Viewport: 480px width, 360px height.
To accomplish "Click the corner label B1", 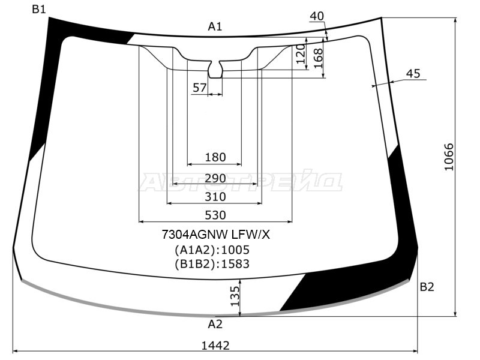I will point(39,9).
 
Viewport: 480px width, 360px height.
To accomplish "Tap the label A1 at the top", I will point(215,26).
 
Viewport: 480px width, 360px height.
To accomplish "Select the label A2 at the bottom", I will point(215,325).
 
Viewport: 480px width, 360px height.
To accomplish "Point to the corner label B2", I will point(427,287).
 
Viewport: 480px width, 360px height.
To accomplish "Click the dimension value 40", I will point(317,16).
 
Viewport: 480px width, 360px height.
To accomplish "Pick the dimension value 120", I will point(301,55).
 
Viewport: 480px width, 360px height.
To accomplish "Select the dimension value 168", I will point(318,58).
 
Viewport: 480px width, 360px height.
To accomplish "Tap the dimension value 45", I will point(413,74).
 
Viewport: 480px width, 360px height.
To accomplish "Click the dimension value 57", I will point(199,88).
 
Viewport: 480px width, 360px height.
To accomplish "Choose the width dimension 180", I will point(215,157).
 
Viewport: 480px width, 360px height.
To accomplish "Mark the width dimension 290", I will point(215,178).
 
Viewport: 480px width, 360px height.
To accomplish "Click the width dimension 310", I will point(215,197).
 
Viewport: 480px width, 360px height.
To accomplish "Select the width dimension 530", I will point(215,215).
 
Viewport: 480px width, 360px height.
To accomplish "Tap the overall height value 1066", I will point(449,157).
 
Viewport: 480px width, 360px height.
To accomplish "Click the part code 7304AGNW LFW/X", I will point(215,235).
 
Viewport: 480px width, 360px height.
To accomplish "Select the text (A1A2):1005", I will point(212,250).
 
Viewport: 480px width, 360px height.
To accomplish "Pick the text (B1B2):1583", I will point(212,264).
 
